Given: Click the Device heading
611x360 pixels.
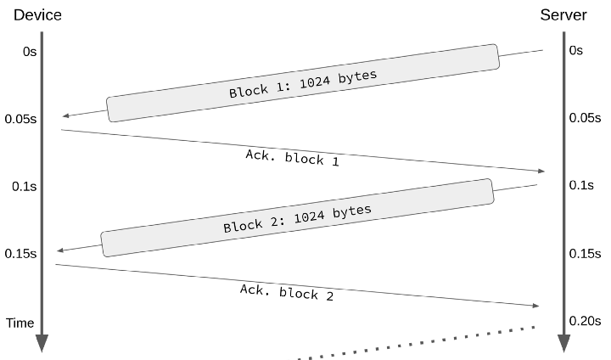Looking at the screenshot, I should [37, 15].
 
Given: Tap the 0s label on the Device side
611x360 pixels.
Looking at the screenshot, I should [30, 52].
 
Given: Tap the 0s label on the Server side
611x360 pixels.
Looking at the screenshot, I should [576, 51].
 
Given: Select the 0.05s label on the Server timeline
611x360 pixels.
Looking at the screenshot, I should [585, 119].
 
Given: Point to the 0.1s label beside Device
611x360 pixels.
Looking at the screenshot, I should [24, 186].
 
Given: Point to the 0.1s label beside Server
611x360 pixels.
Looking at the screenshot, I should [581, 186].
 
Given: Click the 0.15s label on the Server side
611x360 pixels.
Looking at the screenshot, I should [585, 254].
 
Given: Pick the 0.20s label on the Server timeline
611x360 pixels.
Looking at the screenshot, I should [585, 320].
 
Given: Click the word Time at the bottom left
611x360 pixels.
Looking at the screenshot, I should [20, 323].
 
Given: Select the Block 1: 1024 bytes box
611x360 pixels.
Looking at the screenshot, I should [302, 83].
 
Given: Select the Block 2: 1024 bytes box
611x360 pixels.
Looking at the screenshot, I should [297, 217].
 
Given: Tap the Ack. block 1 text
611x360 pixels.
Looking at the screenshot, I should [292, 157].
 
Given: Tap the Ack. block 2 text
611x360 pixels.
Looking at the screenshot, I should [286, 292].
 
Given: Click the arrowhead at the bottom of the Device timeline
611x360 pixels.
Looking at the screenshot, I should [42, 343].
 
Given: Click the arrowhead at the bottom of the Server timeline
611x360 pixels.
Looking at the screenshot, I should [563, 343].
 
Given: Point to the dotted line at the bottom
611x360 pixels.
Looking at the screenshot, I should [416, 343].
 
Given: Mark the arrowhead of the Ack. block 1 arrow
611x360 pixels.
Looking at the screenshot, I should [540, 172].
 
